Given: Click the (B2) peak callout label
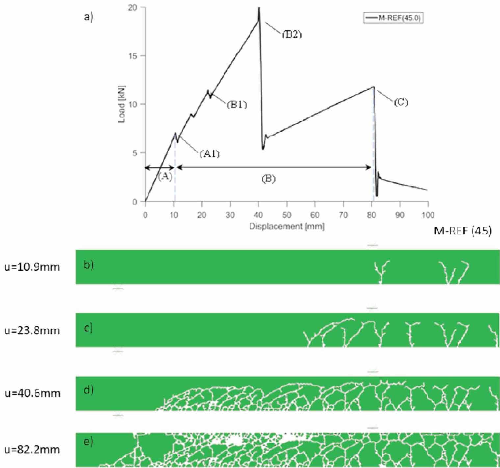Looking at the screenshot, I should tap(292, 34).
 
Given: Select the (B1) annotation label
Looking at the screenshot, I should tap(237, 105).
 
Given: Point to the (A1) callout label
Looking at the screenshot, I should tap(210, 153).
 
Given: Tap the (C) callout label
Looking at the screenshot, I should tap(401, 102).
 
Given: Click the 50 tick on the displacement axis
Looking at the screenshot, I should tap(287, 215).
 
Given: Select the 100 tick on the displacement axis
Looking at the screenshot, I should tap(428, 215).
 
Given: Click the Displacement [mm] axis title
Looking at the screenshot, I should tap(287, 227).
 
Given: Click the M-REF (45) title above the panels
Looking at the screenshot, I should tap(463, 231).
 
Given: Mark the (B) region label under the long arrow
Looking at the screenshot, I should tap(268, 179).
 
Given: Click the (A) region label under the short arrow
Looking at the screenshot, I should tap(165, 177).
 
